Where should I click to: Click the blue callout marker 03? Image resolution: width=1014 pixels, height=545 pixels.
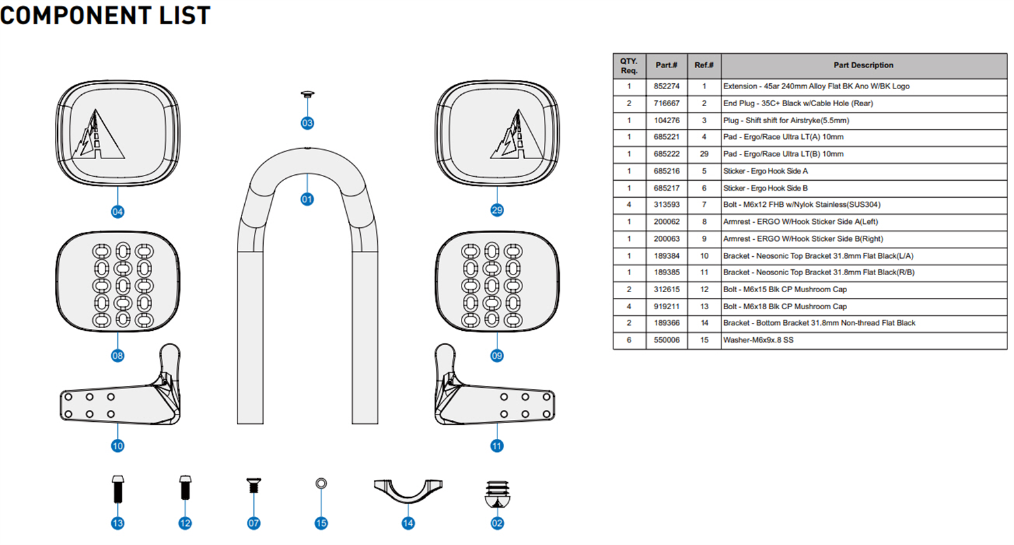point(307,123)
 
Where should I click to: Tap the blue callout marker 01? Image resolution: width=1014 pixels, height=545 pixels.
point(307,199)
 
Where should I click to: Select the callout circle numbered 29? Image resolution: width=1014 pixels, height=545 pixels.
point(497,210)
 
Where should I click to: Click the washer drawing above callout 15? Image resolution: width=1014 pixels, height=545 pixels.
point(321,483)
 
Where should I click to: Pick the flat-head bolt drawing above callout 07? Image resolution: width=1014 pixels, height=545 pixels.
point(253,486)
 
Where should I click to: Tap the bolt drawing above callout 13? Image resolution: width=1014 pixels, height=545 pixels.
point(118,488)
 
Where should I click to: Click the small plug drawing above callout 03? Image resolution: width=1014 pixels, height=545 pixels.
point(307,96)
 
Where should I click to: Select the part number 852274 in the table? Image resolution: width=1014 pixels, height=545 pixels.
point(666,86)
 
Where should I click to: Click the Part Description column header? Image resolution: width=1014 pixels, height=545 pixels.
point(863,66)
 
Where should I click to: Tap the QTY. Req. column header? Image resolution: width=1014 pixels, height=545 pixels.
point(629,66)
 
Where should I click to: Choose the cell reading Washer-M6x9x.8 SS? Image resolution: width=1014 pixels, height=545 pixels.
point(758,340)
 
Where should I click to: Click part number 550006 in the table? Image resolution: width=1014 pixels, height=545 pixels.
point(666,340)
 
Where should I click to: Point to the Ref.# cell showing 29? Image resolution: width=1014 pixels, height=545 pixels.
point(704,154)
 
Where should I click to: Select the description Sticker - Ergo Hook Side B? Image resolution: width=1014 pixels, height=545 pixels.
point(765,188)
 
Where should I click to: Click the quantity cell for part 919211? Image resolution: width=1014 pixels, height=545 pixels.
point(629,307)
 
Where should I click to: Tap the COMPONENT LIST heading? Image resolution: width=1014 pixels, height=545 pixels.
point(105,15)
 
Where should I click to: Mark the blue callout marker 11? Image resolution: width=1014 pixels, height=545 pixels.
point(497,446)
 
